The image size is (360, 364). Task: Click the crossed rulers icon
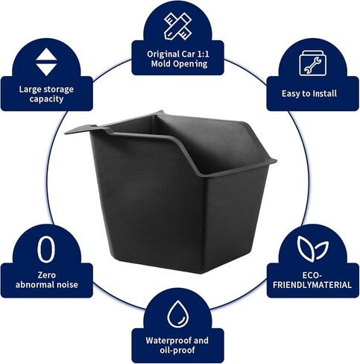(x=178, y=26)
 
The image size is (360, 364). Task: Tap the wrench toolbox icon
(x=312, y=63)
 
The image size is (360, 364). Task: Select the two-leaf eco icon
(x=312, y=248)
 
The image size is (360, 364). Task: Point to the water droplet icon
(x=177, y=314)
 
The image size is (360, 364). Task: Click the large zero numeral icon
(x=46, y=249)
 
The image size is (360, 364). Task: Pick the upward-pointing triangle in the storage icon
(x=46, y=54)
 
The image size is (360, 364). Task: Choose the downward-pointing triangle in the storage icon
(x=46, y=69)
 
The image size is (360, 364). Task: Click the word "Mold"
(x=160, y=63)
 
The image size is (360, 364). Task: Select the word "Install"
(x=324, y=93)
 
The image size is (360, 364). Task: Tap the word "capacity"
(x=46, y=99)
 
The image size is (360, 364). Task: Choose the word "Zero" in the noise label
(x=46, y=275)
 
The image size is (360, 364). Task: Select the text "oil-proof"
(x=177, y=350)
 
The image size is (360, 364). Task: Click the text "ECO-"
(x=312, y=275)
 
